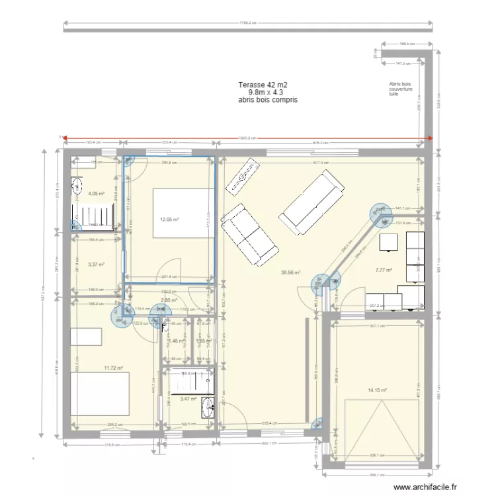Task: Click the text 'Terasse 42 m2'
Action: click(x=263, y=85)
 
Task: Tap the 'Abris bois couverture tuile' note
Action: click(x=401, y=89)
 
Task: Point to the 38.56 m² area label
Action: click(x=290, y=272)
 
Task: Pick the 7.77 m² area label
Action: click(x=384, y=270)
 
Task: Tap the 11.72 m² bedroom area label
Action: click(x=113, y=368)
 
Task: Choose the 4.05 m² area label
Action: click(x=96, y=194)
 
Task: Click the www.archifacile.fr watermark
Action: click(x=425, y=487)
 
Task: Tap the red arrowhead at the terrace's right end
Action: click(x=430, y=138)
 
